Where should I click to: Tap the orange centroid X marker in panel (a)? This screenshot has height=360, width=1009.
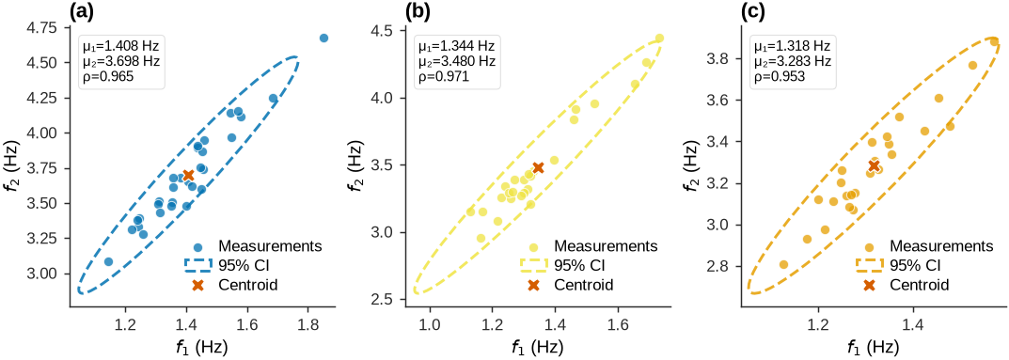[188, 176]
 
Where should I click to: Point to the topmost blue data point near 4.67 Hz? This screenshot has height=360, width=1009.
[323, 38]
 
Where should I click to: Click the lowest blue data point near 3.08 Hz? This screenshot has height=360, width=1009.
[108, 261]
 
